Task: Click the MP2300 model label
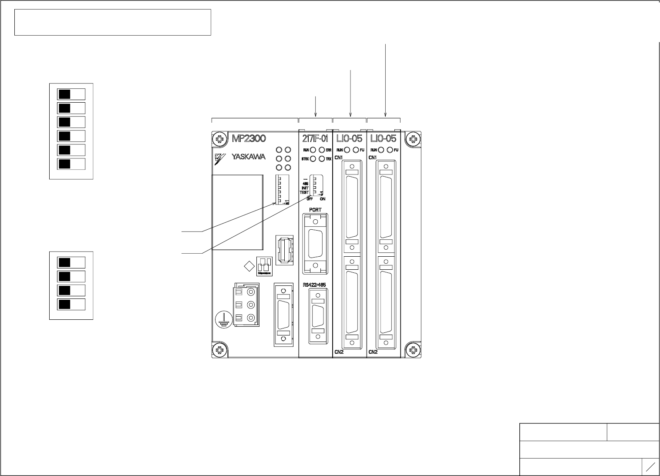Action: click(x=249, y=139)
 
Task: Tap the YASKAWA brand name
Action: click(x=249, y=157)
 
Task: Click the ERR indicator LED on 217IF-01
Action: click(x=322, y=150)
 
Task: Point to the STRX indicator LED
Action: click(x=313, y=159)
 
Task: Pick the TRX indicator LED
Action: click(x=322, y=159)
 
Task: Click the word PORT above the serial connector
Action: click(x=315, y=210)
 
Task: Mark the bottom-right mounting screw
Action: click(x=413, y=349)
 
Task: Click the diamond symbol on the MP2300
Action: click(x=249, y=266)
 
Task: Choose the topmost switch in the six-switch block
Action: click(x=71, y=94)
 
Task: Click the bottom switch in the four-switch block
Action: click(x=71, y=304)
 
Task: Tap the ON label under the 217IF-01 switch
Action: click(x=323, y=199)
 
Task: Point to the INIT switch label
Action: click(x=305, y=188)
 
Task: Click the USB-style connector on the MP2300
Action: click(x=284, y=250)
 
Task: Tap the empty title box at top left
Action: click(x=113, y=22)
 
